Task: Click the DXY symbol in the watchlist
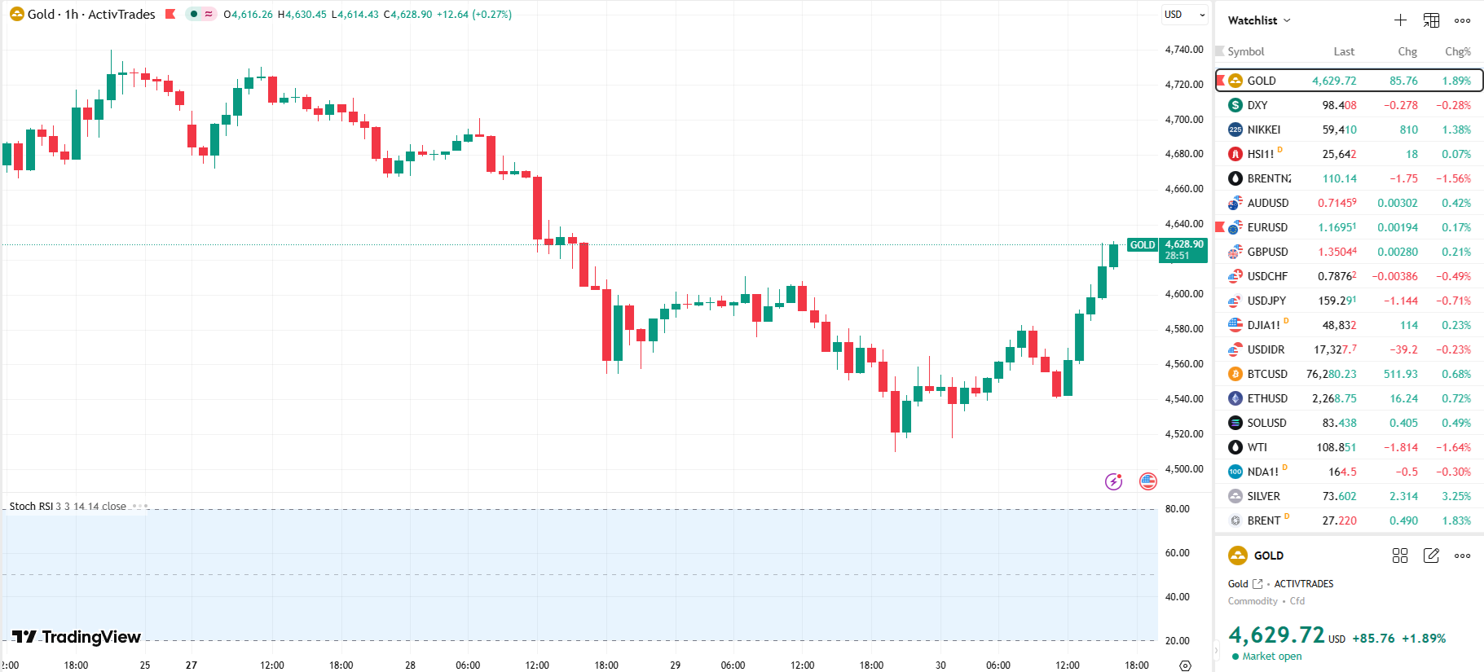1257,105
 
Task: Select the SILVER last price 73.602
1339,496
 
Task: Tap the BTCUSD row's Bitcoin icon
1235,374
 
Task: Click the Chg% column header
1457,51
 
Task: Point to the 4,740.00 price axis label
1183,50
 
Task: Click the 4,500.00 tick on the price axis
1183,469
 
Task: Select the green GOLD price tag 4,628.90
1183,249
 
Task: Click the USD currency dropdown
1183,15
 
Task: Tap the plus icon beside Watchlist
1400,20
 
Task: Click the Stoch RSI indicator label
31,507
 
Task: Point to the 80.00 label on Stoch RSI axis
1177,509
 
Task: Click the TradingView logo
77,637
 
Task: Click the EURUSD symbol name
1267,227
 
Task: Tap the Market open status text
1271,657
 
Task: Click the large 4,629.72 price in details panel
1276,635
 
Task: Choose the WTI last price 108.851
1336,447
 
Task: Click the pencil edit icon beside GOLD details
1431,556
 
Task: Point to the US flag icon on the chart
1147,481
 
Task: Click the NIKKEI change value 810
1408,130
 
